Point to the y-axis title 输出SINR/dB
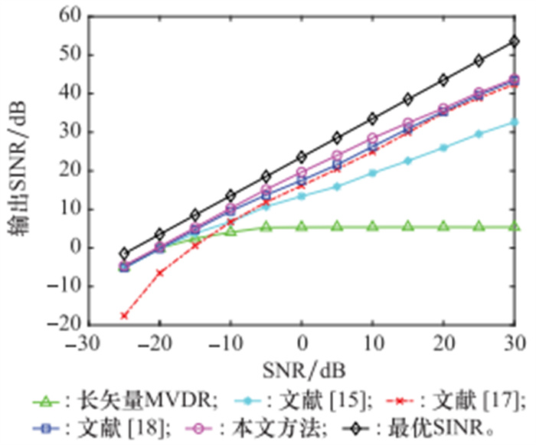tap(19, 170)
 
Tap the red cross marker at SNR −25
tap(123, 315)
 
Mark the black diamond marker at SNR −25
tap(123, 254)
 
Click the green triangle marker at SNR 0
tap(301, 226)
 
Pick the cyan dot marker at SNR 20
tap(443, 147)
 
